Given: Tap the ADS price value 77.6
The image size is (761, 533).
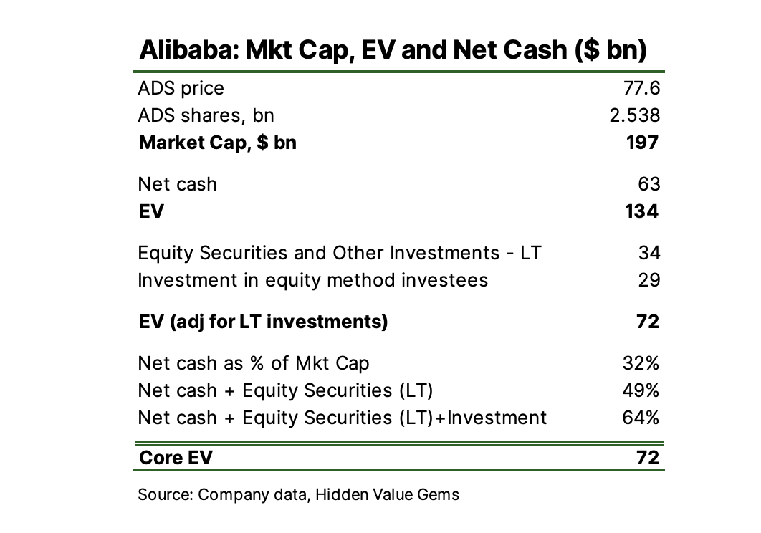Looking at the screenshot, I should pyautogui.click(x=642, y=88).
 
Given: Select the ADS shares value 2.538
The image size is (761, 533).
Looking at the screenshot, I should pyautogui.click(x=634, y=115).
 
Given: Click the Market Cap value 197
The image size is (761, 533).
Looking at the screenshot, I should pyautogui.click(x=642, y=143).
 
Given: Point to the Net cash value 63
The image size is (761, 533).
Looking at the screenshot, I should pyautogui.click(x=648, y=184).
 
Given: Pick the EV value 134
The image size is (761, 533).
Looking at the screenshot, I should pyautogui.click(x=641, y=211).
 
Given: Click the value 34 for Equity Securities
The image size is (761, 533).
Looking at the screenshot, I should pyautogui.click(x=648, y=253).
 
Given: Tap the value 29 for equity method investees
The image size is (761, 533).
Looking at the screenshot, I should pyautogui.click(x=648, y=279).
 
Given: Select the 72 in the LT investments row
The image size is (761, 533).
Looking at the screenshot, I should pyautogui.click(x=648, y=322).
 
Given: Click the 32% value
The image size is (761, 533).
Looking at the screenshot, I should pyautogui.click(x=641, y=363).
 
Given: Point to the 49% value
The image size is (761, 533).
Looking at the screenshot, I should pyautogui.click(x=641, y=390).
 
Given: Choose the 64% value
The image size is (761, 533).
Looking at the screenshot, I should pyautogui.click(x=641, y=417).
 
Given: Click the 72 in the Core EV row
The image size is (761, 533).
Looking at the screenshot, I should pyautogui.click(x=648, y=458).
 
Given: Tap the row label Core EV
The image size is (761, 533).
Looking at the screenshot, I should pyautogui.click(x=176, y=458).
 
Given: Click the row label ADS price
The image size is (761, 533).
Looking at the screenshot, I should pyautogui.click(x=181, y=88).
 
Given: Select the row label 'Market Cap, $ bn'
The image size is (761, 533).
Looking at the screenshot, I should pyautogui.click(x=217, y=143).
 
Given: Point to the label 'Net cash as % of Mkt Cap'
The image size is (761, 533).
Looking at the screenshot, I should pyautogui.click(x=254, y=363).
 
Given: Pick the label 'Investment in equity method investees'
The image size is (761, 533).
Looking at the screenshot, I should pyautogui.click(x=312, y=279).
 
